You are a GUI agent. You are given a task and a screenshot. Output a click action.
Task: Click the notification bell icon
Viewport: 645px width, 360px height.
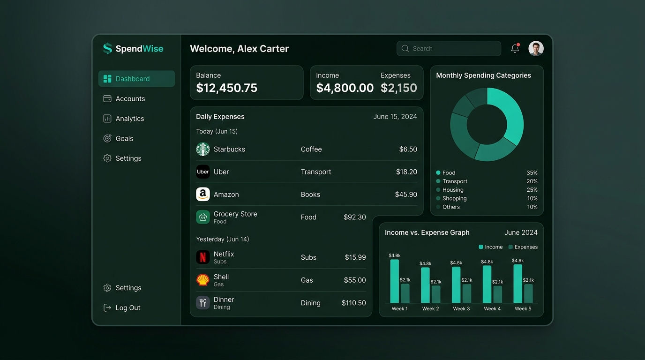coord(515,48)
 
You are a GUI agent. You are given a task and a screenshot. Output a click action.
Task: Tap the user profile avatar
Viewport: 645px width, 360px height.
coord(536,48)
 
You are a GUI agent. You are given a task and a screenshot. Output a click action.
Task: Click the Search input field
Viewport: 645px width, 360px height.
coord(449,48)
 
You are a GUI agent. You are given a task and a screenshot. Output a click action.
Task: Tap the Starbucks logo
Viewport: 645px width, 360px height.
coord(202,149)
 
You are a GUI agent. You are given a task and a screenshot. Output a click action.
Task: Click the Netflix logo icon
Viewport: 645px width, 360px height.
coord(202,257)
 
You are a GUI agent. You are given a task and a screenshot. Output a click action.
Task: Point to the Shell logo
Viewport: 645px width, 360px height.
coord(202,280)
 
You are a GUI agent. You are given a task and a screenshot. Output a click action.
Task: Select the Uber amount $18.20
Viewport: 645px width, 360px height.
coord(406,172)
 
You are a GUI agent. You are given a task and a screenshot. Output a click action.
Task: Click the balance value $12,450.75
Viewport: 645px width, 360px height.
coord(226,88)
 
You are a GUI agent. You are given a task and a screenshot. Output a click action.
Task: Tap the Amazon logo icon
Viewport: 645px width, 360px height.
coord(202,195)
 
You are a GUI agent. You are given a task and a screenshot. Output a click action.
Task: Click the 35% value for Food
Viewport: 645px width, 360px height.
coord(532,173)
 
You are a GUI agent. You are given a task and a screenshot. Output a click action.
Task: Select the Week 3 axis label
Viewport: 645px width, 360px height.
coord(461,308)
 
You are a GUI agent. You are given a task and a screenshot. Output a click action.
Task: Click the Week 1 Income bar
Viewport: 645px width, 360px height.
coord(395,281)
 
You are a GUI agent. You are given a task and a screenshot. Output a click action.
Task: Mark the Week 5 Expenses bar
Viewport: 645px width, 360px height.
coord(528,293)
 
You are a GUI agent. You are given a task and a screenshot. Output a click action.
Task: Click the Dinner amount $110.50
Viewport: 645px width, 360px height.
coord(353,303)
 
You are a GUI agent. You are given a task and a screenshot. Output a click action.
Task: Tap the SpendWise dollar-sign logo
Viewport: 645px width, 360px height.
coord(107,48)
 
